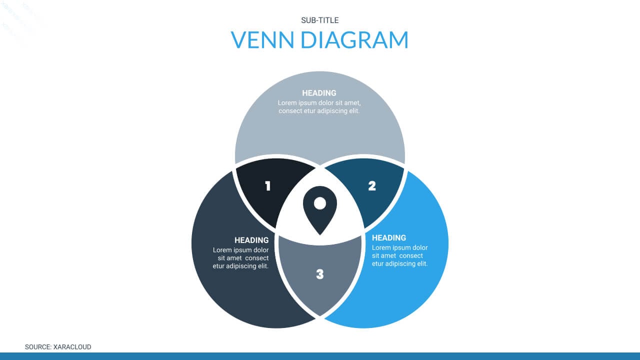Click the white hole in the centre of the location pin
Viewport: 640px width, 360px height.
tap(319, 203)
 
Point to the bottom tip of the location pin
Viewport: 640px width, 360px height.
tap(319, 235)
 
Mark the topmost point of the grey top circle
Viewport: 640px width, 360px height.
tap(319, 71)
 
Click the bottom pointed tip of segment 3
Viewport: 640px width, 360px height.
tap(319, 315)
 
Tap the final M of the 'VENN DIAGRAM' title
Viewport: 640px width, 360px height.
tap(398, 39)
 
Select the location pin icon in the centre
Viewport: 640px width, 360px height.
tap(319, 210)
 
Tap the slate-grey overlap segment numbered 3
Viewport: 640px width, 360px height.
tap(319, 274)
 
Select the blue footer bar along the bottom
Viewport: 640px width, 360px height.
tap(320, 356)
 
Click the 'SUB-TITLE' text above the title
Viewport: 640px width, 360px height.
tap(319, 20)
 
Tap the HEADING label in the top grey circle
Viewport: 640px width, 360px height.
tap(319, 93)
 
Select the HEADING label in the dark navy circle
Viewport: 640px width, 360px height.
tap(251, 240)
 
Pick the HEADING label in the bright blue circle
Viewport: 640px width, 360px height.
tap(389, 238)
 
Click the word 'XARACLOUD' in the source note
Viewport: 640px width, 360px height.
tap(72, 347)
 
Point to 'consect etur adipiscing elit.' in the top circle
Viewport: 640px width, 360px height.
tap(319, 111)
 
